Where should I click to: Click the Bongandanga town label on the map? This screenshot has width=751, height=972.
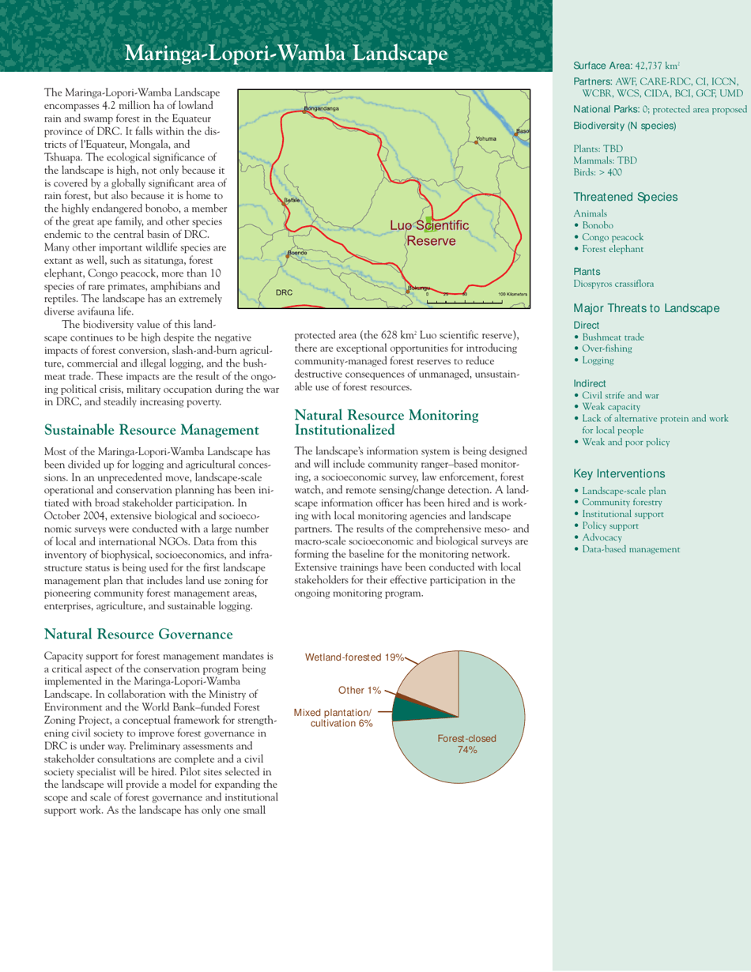(x=322, y=107)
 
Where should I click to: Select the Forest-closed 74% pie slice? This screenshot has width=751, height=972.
(x=474, y=727)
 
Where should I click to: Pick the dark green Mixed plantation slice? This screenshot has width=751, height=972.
(x=409, y=710)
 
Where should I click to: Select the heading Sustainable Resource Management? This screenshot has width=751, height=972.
(x=151, y=430)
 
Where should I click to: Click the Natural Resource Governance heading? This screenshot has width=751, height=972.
(x=138, y=634)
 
